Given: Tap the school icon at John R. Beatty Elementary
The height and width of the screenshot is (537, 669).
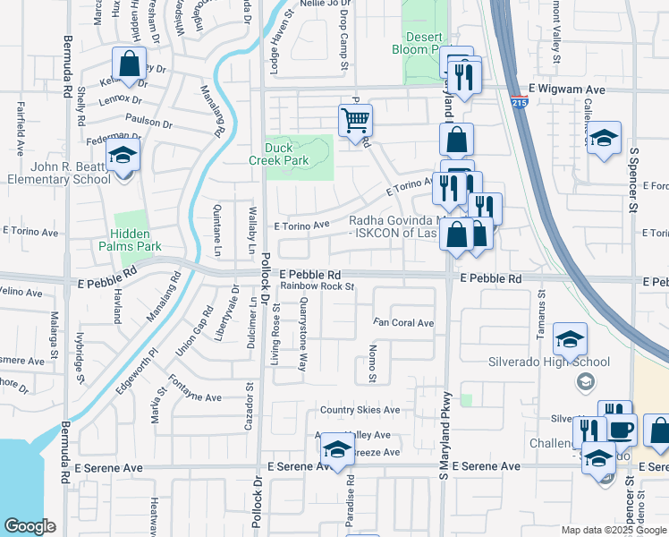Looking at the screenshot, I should (x=123, y=157).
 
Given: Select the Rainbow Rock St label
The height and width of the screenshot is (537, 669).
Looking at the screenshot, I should (x=318, y=286).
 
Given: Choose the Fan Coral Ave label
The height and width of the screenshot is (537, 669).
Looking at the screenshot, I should (x=403, y=323).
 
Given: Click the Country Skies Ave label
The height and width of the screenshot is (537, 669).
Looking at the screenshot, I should (x=360, y=410).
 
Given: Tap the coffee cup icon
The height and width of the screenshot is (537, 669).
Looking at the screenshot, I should (x=622, y=428).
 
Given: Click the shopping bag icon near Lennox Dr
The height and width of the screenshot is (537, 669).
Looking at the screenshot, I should (x=129, y=64).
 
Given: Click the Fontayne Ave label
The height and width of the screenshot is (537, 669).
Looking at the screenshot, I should (x=195, y=396).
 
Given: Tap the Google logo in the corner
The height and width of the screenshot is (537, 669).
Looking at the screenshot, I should (x=30, y=526).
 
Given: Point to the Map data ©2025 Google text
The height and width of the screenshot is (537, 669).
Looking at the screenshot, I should (x=613, y=530).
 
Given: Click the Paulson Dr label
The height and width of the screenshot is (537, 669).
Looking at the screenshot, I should (x=148, y=123).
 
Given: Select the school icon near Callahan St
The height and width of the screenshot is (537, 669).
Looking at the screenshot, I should (x=605, y=138).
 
